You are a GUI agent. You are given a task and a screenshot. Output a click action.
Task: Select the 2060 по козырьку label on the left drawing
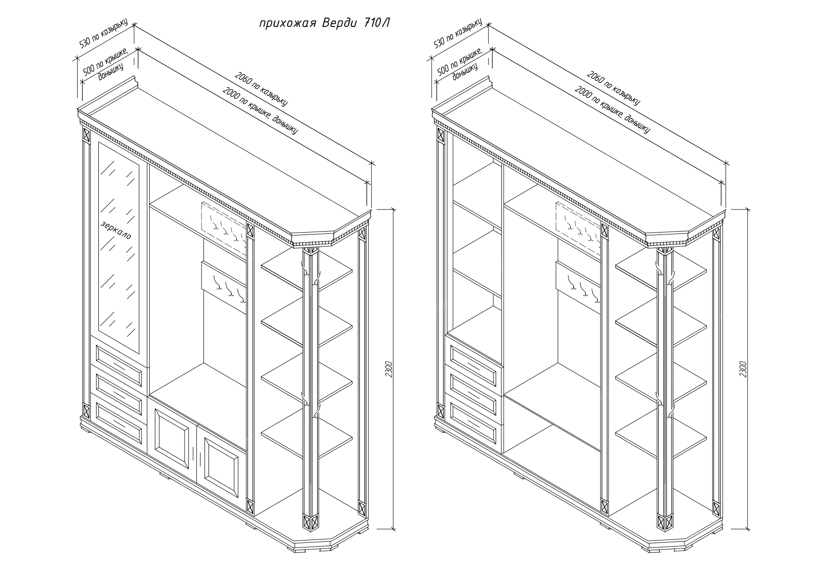pyautogui.click(x=261, y=89)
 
